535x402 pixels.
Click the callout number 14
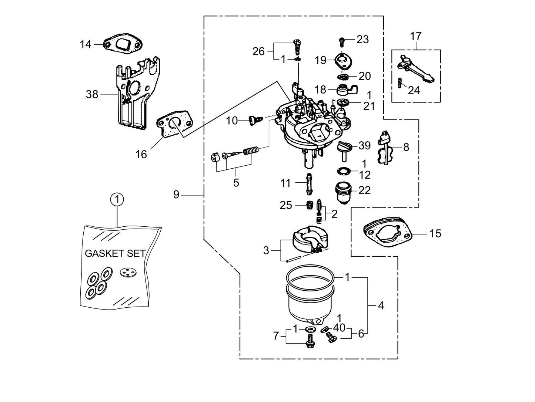[85, 44]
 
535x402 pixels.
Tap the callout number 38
[92, 94]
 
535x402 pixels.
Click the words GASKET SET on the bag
[115, 254]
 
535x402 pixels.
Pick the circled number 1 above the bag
[117, 200]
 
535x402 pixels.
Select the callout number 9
[176, 194]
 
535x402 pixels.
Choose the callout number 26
[258, 51]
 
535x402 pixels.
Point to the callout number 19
[321, 60]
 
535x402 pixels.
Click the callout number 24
[414, 90]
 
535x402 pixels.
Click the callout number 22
[364, 190]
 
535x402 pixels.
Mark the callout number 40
[339, 328]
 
